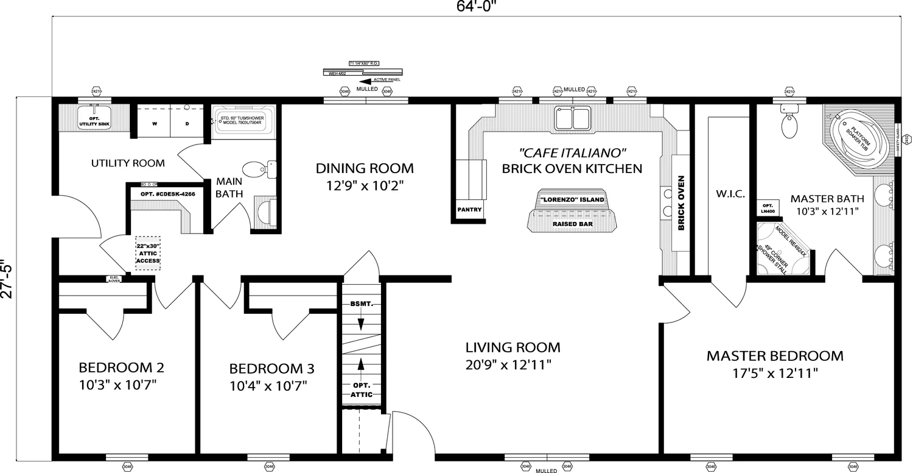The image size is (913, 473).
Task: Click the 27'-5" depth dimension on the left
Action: point(7,279)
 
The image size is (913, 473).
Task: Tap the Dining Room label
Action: point(365,168)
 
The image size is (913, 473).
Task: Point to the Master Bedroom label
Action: point(775,356)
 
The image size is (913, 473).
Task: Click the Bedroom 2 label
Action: point(121,368)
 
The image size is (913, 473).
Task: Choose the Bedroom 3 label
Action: point(271,369)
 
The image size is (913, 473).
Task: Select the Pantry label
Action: point(469,210)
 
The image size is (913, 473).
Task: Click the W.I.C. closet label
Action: point(726,194)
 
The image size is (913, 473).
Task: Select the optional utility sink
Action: point(93,118)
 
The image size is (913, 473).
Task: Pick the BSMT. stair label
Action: point(361,304)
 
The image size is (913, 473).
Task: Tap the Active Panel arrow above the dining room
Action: point(368,80)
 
